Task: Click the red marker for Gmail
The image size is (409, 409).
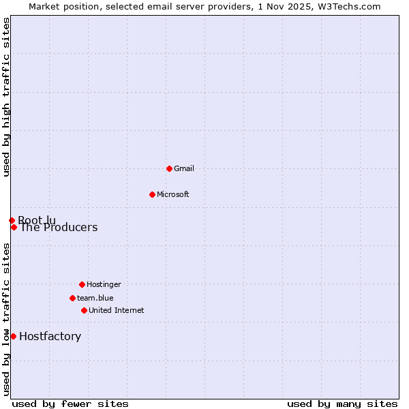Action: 169,168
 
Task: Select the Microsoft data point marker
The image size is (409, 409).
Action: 152,194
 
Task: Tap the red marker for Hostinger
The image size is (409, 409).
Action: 82,284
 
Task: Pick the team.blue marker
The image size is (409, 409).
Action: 72,298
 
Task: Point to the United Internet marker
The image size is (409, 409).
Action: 84,310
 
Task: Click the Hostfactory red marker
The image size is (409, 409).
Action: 13,336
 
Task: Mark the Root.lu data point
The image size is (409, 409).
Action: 12,220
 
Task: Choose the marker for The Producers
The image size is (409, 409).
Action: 14,227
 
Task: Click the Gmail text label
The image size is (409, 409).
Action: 184,168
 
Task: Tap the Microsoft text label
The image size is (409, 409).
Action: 173,194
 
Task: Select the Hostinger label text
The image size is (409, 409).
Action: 104,284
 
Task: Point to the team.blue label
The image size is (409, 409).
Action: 95,298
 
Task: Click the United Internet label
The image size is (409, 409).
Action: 117,310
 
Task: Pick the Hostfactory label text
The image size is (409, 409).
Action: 50,336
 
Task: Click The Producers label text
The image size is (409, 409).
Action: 59,228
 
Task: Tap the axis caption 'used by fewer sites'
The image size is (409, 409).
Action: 70,404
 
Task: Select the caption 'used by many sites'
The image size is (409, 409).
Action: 342,404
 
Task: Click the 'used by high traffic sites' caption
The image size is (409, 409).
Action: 6,97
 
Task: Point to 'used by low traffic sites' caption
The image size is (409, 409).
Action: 6,319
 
